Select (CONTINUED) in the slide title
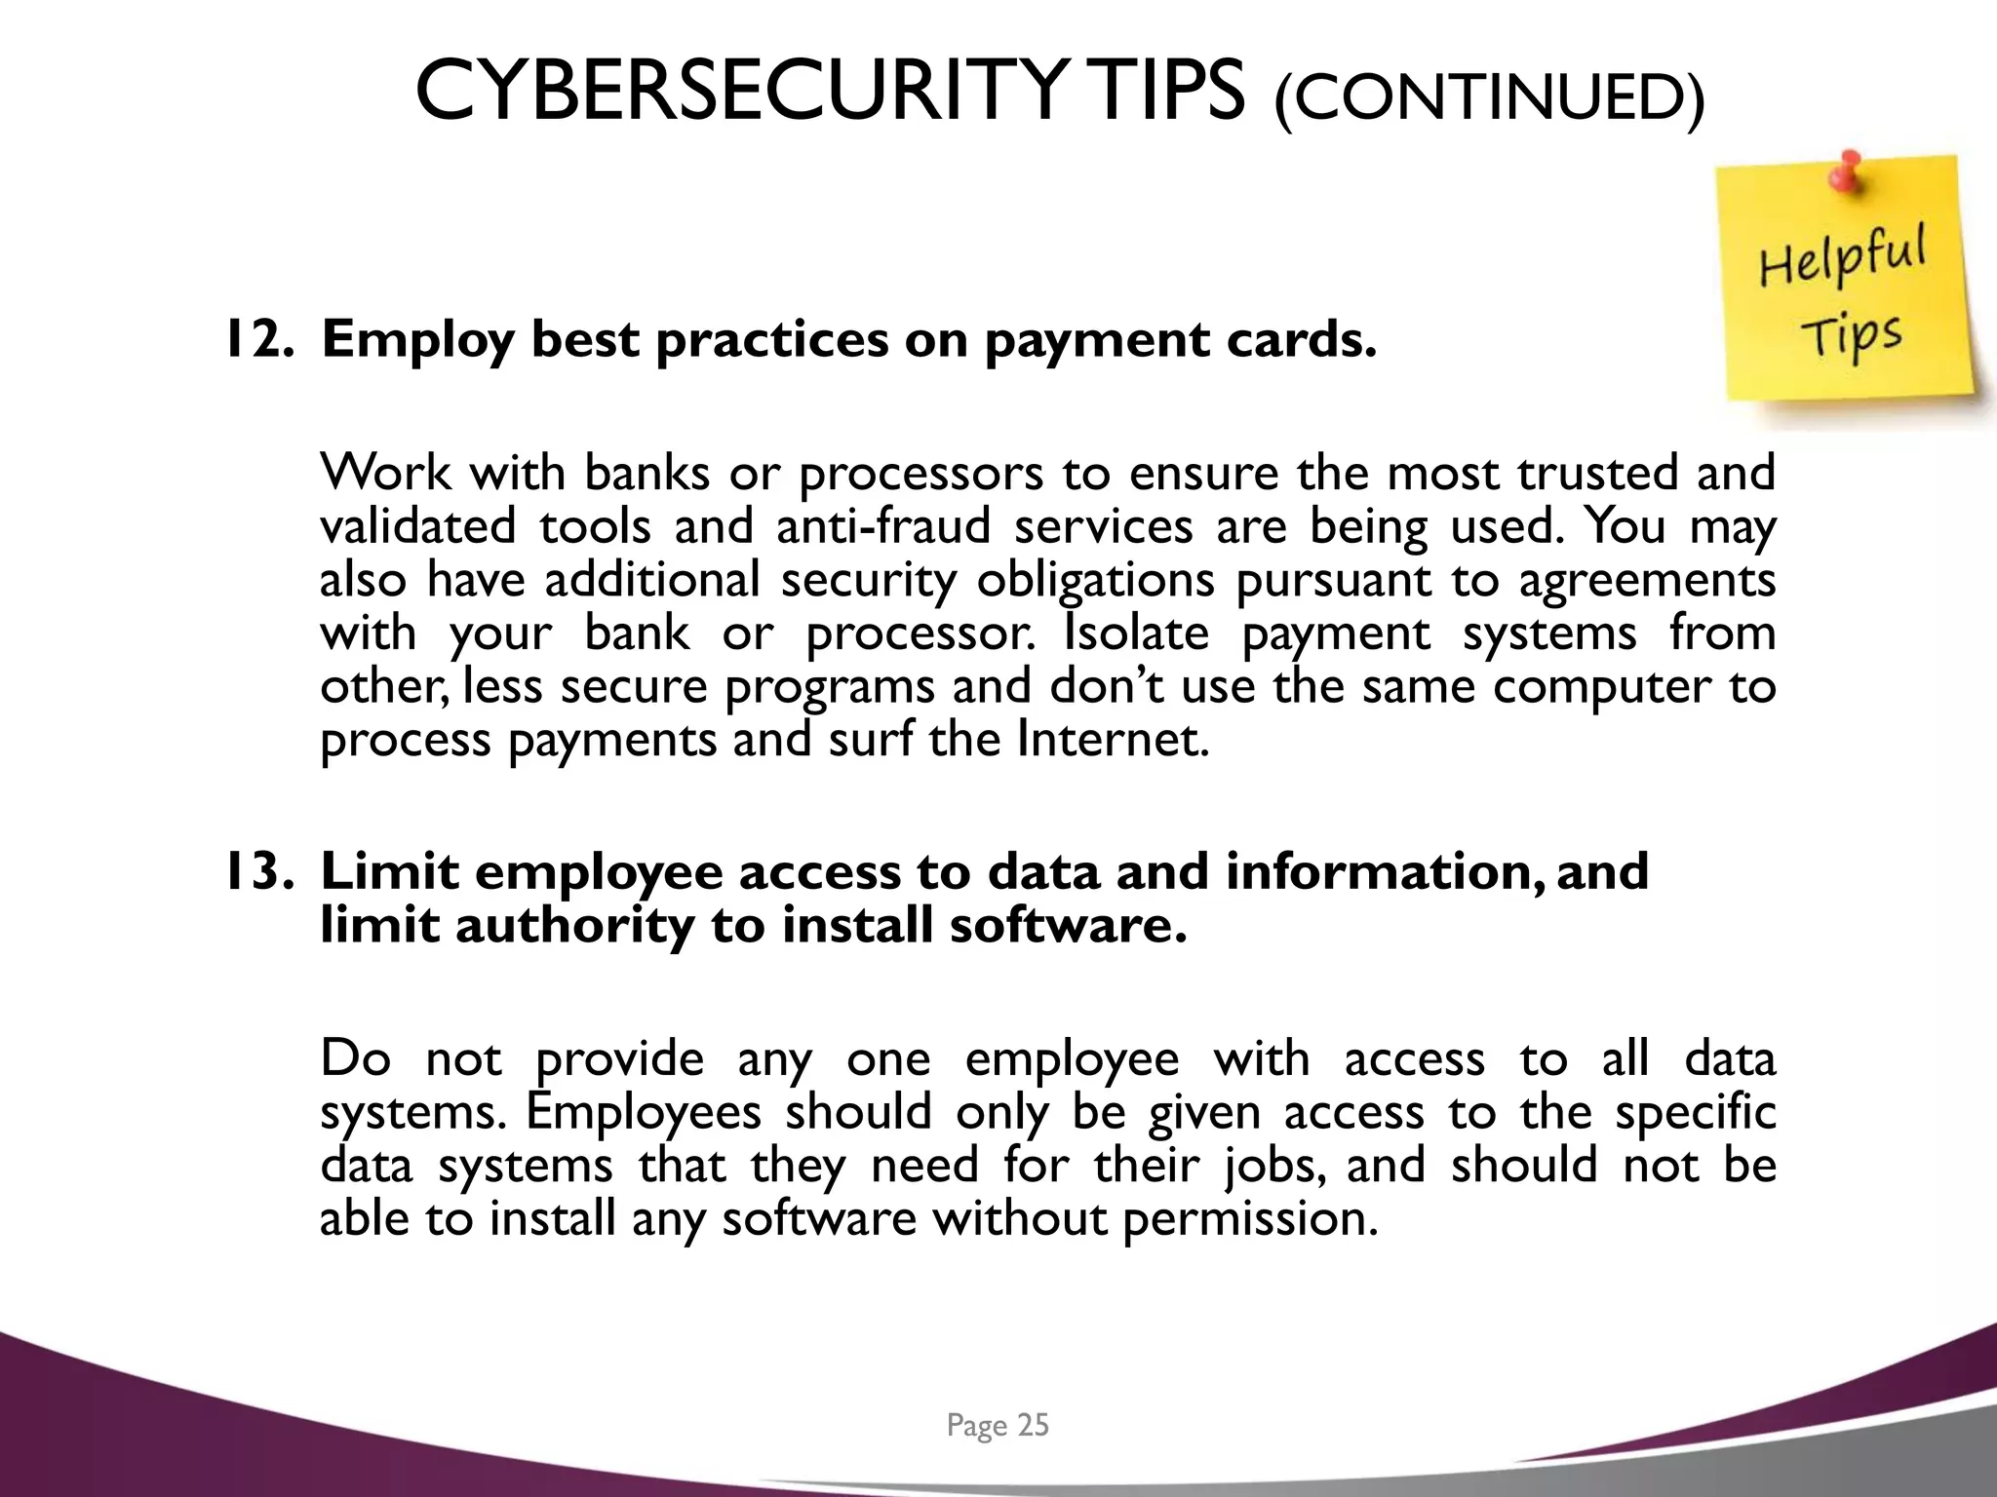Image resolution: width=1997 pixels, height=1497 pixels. pyautogui.click(x=1489, y=97)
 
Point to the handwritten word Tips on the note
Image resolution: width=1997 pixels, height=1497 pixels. pyautogui.click(x=1851, y=336)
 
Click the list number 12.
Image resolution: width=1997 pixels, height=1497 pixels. pyautogui.click(x=259, y=339)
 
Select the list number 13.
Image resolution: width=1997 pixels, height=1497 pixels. pyautogui.click(x=259, y=871)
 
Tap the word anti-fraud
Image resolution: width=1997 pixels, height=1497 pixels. pyautogui.click(x=883, y=526)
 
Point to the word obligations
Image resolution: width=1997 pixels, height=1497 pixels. pyautogui.click(x=1096, y=581)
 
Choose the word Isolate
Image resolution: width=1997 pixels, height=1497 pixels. pyautogui.click(x=1136, y=633)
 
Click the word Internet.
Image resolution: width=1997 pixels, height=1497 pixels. pyautogui.click(x=1113, y=740)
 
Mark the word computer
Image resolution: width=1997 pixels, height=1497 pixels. pyautogui.click(x=1602, y=687)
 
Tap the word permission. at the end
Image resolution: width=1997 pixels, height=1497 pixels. pyautogui.click(x=1251, y=1219)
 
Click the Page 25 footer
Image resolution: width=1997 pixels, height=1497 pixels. pyautogui.click(x=998, y=1426)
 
